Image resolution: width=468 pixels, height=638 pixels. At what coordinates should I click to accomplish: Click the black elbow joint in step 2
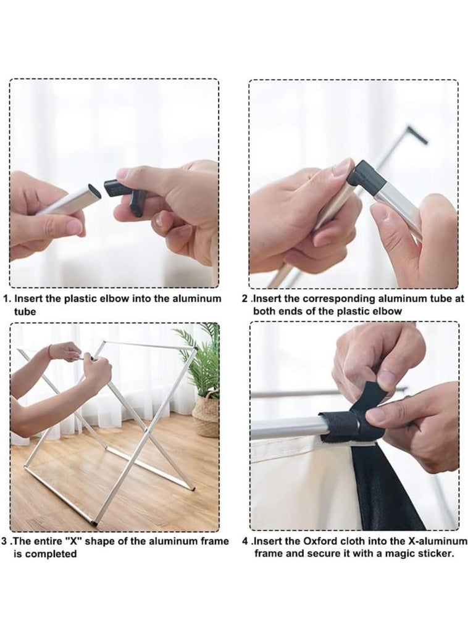[367, 174]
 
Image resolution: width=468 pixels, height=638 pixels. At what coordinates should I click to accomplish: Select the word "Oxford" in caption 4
[320, 541]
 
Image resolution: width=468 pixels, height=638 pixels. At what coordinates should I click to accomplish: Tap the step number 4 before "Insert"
[245, 541]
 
